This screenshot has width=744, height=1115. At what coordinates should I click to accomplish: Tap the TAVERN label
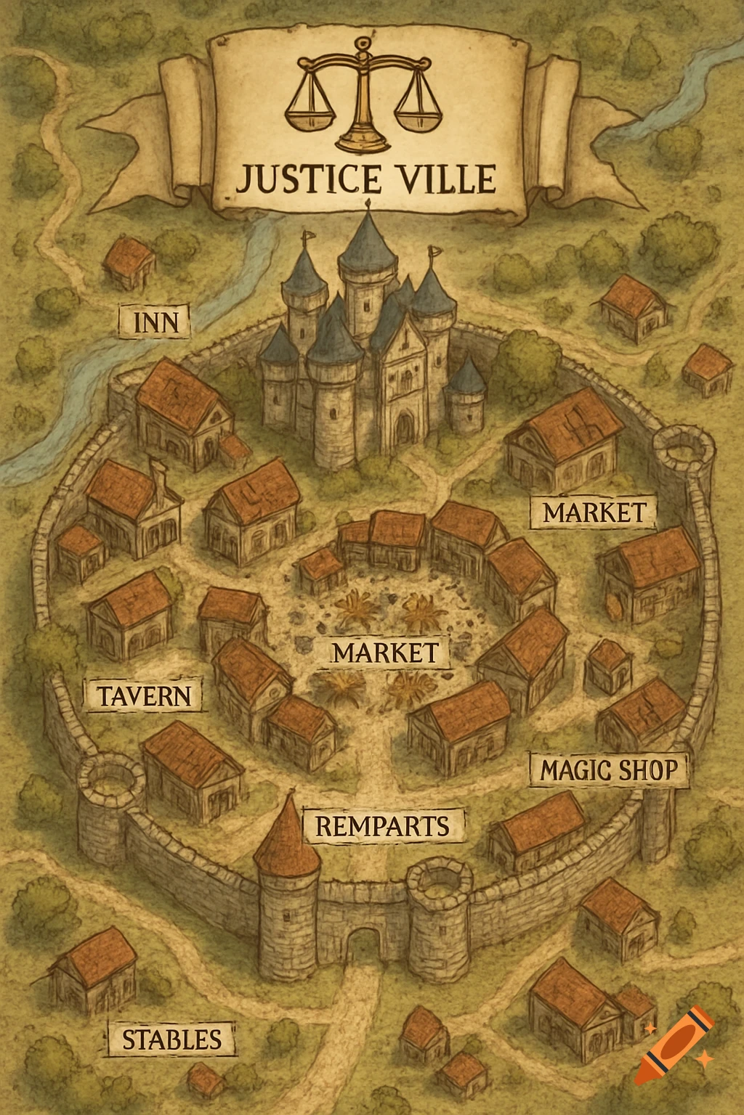[144, 695]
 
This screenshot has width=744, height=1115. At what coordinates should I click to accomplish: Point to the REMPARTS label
[382, 826]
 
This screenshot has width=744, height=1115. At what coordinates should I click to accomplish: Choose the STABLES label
[171, 1039]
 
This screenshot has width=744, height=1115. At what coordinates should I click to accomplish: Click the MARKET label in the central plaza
[386, 652]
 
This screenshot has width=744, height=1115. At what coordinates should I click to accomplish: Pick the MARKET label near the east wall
[594, 512]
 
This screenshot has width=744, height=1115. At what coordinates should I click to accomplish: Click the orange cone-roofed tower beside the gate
[288, 842]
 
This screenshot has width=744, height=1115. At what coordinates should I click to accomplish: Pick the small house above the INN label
[131, 264]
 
